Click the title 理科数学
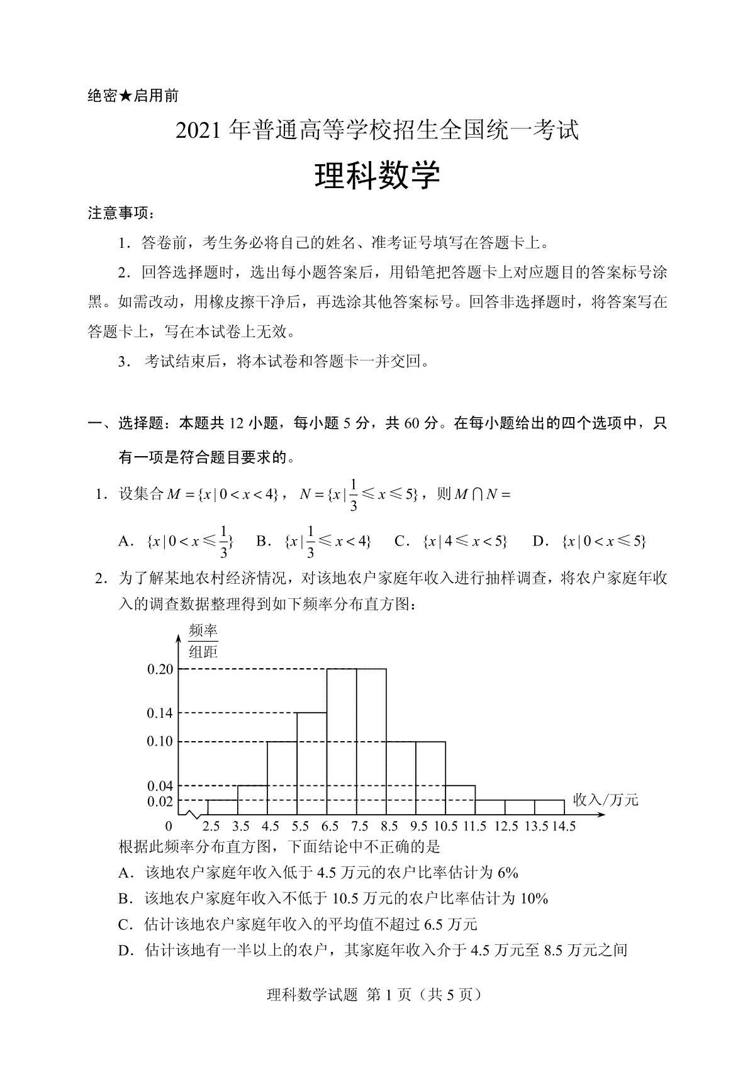click(x=377, y=177)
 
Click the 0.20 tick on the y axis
click(x=160, y=669)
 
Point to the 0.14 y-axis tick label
click(x=160, y=713)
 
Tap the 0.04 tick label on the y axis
click(x=160, y=786)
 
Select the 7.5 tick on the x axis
click(x=359, y=826)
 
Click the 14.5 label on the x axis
click(x=563, y=826)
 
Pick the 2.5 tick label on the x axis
click(x=211, y=826)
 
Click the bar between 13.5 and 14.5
click(x=549, y=808)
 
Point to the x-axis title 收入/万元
click(x=605, y=800)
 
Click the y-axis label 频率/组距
click(x=203, y=641)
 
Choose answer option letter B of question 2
click(x=124, y=898)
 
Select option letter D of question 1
click(x=540, y=541)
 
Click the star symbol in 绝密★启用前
click(x=125, y=96)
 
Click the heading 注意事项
click(x=120, y=214)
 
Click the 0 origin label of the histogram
click(x=169, y=826)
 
